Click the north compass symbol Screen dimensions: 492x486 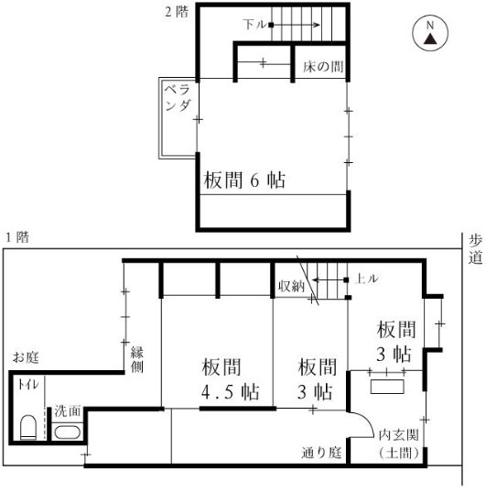pos(429,35)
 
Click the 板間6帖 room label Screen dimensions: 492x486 pos(243,180)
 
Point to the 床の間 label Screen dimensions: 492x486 pos(324,68)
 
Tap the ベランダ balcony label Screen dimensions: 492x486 pos(178,98)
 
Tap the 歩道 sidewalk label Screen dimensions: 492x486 pos(475,249)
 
